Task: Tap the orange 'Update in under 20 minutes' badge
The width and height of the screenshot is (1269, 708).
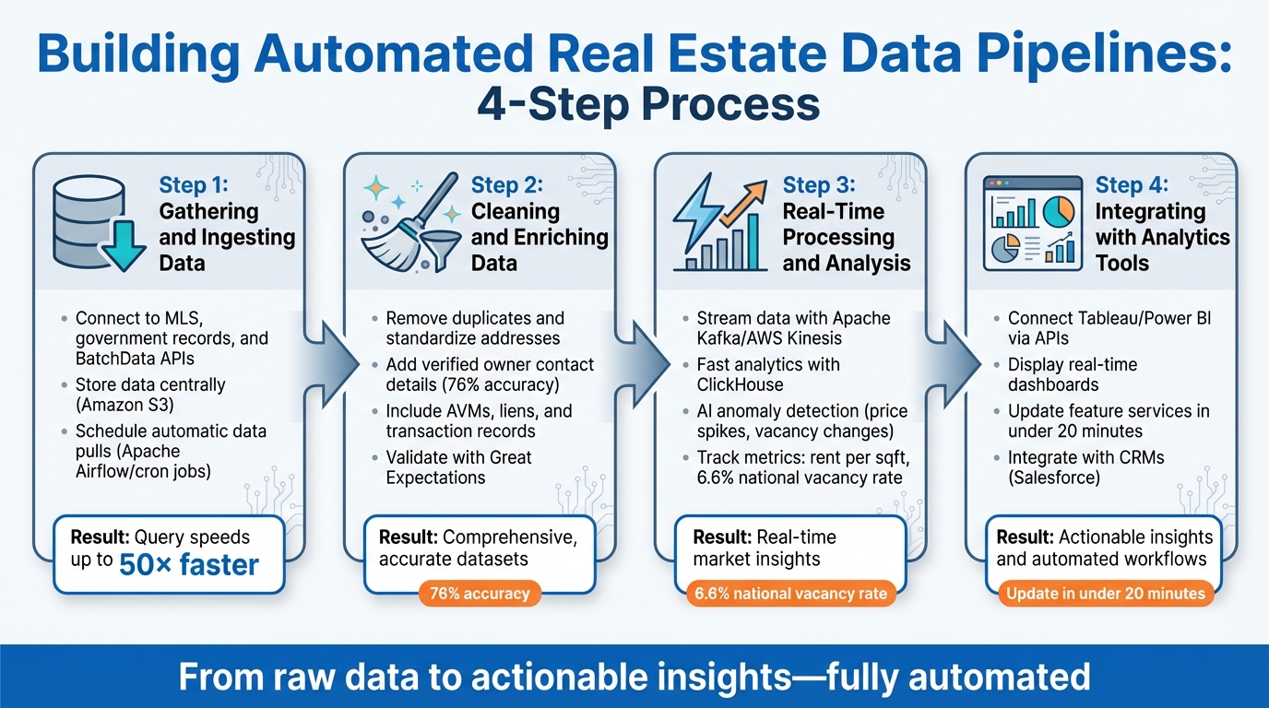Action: coord(1106,593)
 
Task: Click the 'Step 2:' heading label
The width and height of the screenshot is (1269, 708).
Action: coord(506,185)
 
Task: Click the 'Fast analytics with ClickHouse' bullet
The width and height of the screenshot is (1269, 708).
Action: coord(768,374)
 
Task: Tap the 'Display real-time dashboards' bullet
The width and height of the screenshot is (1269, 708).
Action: coord(1073,374)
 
